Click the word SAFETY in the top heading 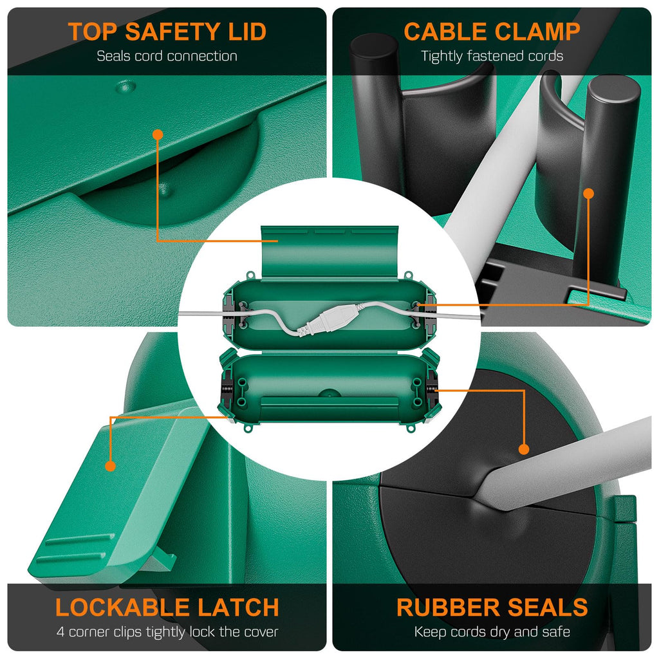point(173,32)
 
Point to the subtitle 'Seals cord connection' point(167,57)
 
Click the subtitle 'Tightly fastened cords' point(492,57)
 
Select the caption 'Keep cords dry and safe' point(492,632)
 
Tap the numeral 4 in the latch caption point(60,632)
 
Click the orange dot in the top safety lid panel point(158,135)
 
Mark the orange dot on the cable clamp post point(589,193)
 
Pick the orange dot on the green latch point(110,466)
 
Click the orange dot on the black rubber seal point(524,449)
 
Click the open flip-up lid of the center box point(329,252)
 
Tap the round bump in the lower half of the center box point(329,393)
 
